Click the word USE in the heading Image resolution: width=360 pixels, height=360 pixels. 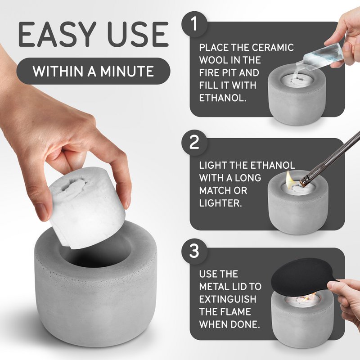[x=138, y=35]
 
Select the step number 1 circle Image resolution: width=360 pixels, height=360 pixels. [x=194, y=24]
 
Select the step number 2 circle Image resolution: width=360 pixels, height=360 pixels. [x=194, y=143]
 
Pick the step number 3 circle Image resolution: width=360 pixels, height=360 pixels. [x=194, y=251]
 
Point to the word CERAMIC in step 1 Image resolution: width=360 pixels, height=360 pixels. [x=273, y=48]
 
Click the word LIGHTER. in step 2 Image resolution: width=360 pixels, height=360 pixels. [x=220, y=203]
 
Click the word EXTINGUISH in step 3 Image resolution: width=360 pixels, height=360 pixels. [x=228, y=299]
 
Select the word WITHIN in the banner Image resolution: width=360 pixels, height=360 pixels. [x=58, y=72]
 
